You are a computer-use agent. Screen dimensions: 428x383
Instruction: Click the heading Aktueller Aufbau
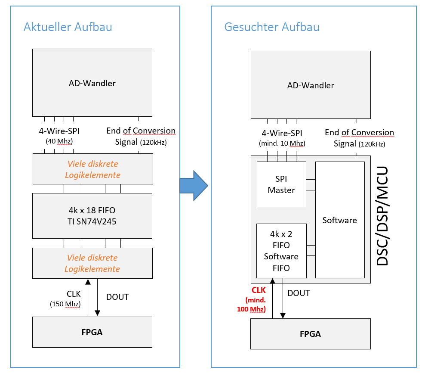click(68, 27)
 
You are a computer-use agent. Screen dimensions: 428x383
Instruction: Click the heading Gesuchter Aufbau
click(271, 27)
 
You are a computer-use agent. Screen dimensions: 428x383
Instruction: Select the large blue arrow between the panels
click(194, 186)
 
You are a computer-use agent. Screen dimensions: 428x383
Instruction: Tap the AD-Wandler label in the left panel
click(92, 83)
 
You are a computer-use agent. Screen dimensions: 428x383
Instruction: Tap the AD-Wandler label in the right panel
click(311, 85)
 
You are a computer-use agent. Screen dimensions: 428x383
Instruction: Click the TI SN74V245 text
click(92, 221)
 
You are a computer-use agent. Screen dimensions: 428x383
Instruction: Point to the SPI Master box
click(281, 184)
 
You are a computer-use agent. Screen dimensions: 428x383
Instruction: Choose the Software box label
click(339, 220)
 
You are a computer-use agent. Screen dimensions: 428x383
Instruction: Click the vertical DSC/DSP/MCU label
click(382, 216)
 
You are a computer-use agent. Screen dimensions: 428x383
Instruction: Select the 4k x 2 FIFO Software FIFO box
click(281, 251)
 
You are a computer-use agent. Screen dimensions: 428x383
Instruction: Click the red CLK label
click(259, 290)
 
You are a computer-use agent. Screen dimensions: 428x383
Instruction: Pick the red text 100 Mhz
click(251, 309)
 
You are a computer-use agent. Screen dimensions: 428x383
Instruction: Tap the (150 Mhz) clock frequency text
click(65, 304)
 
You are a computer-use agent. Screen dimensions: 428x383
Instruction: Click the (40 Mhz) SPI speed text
click(59, 141)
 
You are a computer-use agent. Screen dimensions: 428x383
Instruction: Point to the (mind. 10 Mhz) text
click(282, 143)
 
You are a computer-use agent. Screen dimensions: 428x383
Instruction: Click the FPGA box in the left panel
click(92, 332)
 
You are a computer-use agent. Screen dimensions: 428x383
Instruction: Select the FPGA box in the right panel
click(311, 334)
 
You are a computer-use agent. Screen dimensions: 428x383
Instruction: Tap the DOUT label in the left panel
click(117, 297)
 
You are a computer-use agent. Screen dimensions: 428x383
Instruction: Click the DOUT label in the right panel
click(299, 293)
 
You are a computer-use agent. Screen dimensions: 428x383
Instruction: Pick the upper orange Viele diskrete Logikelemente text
click(93, 169)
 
